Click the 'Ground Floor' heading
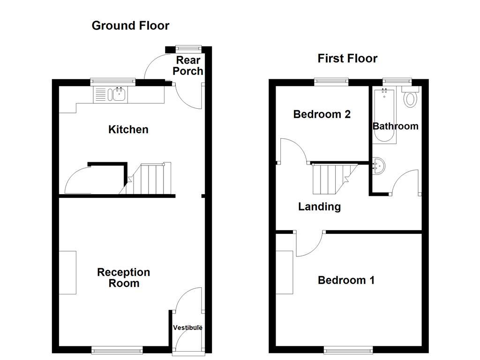tap(130, 25)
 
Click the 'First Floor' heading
tap(347, 58)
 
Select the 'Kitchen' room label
tap(128, 129)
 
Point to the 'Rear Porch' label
tap(188, 66)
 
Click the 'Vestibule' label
tap(187, 328)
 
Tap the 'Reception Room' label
tap(124, 277)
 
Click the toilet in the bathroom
tap(411, 98)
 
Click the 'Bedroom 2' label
tap(322, 114)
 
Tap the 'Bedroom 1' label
tap(346, 280)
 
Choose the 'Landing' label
tap(319, 207)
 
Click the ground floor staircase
tap(148, 179)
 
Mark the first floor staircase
tap(330, 178)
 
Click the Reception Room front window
tap(117, 350)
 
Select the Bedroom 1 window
tap(348, 350)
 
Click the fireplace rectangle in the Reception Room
tap(67, 272)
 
